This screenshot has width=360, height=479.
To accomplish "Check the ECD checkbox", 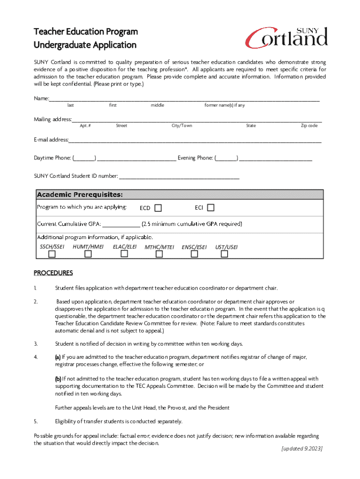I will (158, 208).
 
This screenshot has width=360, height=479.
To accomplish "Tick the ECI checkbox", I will (211, 207).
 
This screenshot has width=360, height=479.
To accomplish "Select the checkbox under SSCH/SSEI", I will (51, 254).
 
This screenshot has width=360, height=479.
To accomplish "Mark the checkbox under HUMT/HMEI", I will (88, 254).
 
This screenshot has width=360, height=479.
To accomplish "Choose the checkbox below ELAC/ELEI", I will (124, 254).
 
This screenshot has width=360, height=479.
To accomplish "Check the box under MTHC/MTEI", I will (159, 254).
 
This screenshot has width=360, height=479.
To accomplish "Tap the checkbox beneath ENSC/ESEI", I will (194, 254).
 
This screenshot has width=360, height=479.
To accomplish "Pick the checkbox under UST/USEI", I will (224, 254).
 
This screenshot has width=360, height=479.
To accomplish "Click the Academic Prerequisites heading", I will (80, 194).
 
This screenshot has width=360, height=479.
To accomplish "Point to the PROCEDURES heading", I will (53, 273).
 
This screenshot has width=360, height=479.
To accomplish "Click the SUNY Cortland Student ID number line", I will (179, 176).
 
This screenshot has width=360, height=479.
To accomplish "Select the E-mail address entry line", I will (195, 140).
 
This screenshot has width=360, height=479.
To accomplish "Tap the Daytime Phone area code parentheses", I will (85, 158).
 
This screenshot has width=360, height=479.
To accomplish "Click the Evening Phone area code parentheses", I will (226, 158).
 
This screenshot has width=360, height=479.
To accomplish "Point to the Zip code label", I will (309, 126).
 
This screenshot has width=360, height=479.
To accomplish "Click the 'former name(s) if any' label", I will (224, 105).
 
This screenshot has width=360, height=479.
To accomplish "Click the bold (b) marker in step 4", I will (58, 379).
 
